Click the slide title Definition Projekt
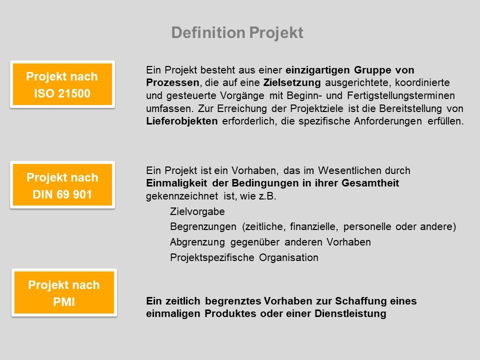237,33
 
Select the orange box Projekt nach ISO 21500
62,84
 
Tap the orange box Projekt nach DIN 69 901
62,185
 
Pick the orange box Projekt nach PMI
64,292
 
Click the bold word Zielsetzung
292,82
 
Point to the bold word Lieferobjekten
182,121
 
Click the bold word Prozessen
172,82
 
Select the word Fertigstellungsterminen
400,95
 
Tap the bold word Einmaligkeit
176,183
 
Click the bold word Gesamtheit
370,183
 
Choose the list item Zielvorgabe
197,211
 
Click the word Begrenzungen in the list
203,227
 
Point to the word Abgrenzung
197,242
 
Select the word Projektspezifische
212,257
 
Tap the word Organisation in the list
288,257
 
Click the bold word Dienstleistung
350,314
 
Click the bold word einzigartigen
318,70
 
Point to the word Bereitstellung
410,108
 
